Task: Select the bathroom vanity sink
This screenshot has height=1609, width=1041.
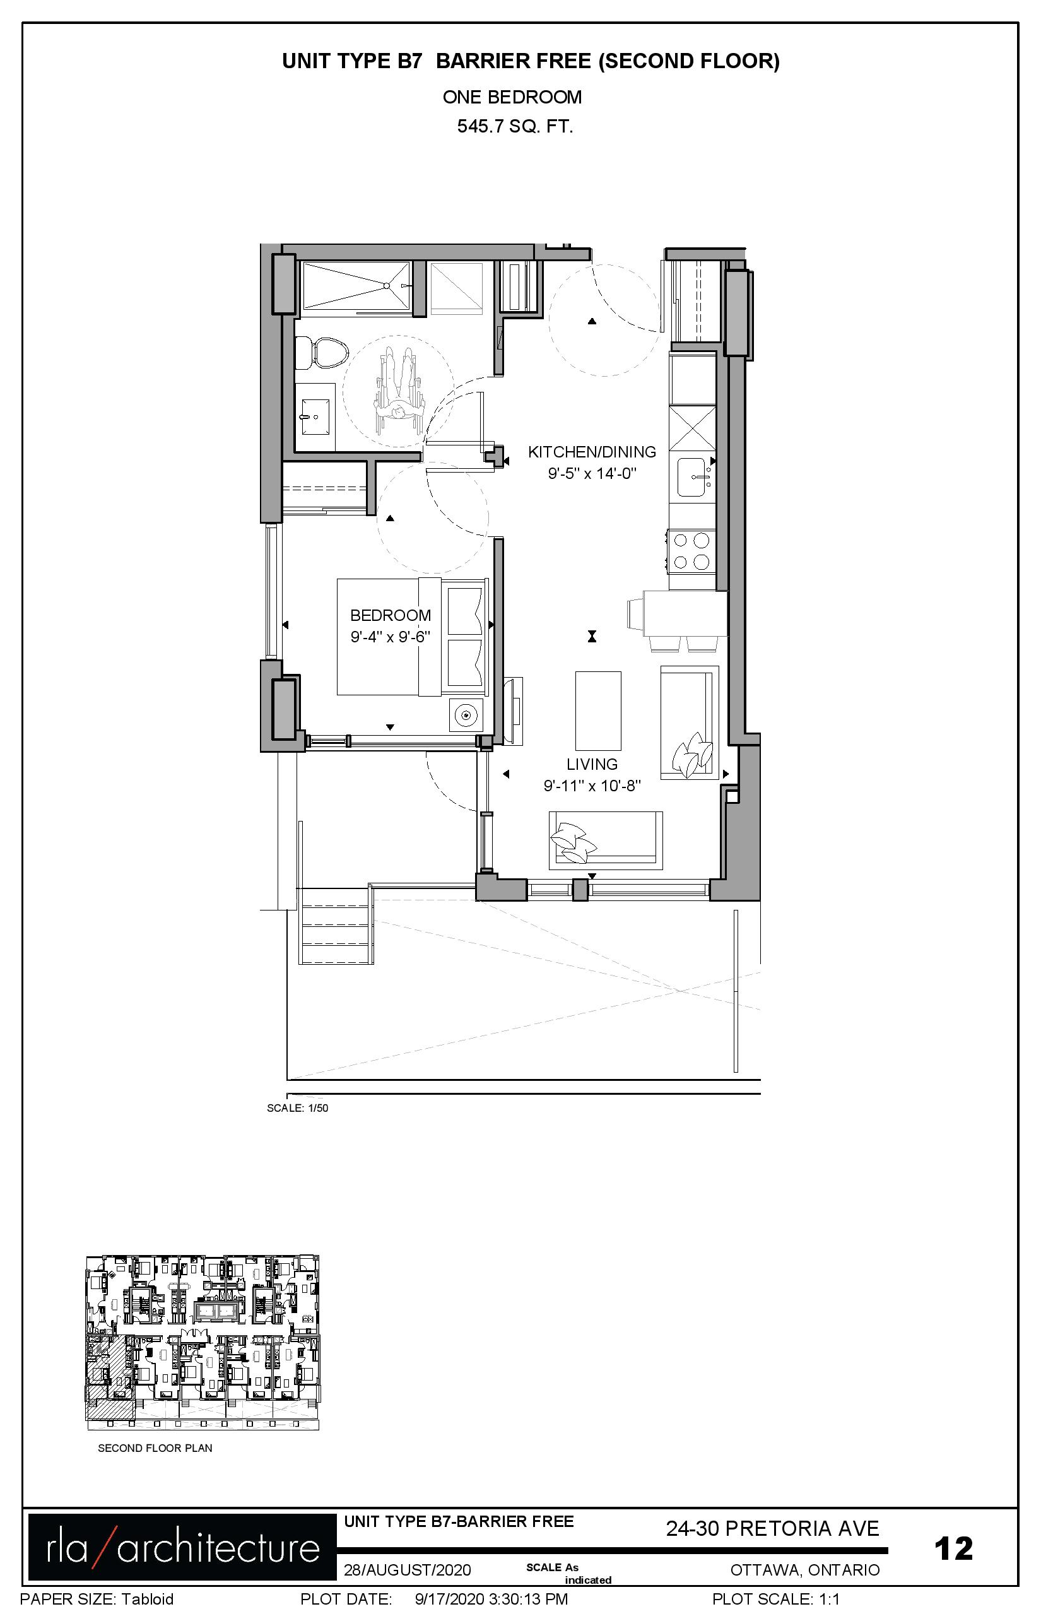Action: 315,417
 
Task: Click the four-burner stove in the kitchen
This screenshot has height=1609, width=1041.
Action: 691,551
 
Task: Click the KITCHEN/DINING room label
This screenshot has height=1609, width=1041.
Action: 592,452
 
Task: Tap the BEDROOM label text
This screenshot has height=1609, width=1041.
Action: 391,615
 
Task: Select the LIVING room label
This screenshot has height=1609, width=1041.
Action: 592,764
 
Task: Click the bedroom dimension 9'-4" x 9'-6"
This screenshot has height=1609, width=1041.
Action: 391,637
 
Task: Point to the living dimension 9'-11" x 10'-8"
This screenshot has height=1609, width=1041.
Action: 592,786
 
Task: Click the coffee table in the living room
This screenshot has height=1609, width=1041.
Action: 598,710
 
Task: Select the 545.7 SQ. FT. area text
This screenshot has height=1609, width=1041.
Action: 515,126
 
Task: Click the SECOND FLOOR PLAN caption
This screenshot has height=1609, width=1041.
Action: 155,1448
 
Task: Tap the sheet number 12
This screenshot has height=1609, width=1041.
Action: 953,1548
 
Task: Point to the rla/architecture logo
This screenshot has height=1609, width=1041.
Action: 182,1547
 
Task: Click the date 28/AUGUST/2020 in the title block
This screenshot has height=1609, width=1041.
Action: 407,1570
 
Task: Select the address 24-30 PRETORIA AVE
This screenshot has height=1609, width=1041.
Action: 773,1528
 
